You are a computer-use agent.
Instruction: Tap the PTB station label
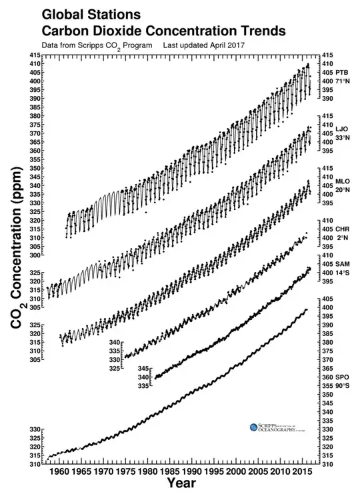342,71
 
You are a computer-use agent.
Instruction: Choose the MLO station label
342,181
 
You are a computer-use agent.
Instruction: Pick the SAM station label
342,264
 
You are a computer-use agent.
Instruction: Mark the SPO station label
342,377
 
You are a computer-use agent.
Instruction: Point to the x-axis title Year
181,483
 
